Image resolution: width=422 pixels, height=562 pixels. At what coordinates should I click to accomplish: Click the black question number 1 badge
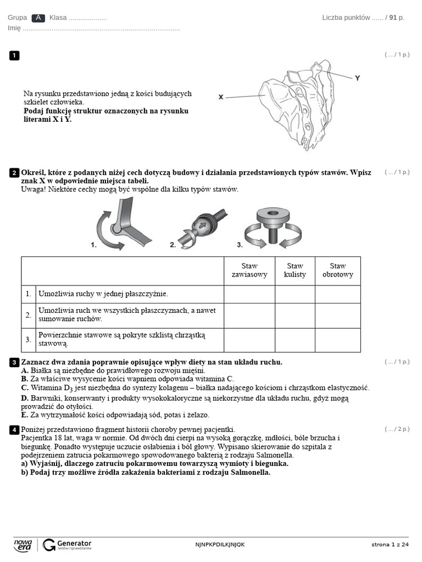(x=14, y=55)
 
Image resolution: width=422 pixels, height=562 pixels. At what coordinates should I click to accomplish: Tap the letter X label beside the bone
(x=221, y=97)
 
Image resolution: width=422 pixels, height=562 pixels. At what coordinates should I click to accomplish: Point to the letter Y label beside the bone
(x=357, y=78)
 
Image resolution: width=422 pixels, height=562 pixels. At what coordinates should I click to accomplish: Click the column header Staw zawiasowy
(x=249, y=270)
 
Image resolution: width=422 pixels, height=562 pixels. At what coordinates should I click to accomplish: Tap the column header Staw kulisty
(x=295, y=270)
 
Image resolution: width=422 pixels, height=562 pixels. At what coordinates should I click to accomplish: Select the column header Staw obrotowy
(x=337, y=270)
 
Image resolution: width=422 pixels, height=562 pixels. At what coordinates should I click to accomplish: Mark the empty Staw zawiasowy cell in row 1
(x=249, y=294)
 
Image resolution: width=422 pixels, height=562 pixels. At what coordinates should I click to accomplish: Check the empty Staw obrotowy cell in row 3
(x=337, y=340)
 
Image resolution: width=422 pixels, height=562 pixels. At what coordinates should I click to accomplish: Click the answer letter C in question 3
(x=24, y=387)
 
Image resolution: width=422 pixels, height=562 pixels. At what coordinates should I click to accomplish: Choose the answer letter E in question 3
(x=24, y=415)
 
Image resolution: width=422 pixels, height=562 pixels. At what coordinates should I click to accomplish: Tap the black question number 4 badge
(x=14, y=430)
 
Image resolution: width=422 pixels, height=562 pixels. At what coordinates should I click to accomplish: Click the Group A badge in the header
(x=38, y=18)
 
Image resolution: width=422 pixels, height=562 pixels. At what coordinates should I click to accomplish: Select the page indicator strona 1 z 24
(x=390, y=544)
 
